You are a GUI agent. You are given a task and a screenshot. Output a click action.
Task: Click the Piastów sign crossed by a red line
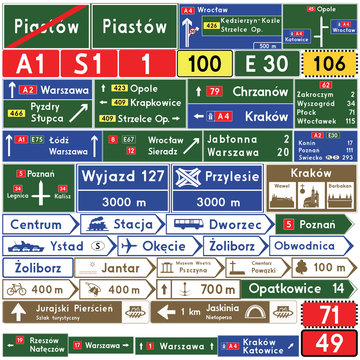click(x=44, y=25)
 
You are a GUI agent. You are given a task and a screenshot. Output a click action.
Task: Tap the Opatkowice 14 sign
click(x=301, y=290)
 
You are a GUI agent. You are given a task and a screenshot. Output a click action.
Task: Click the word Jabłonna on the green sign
click(x=236, y=141)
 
